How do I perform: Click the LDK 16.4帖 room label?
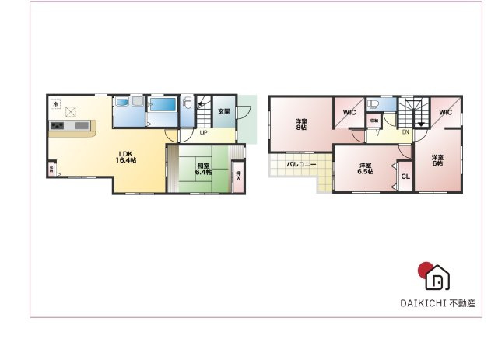coord(127,156)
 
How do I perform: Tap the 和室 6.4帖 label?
coord(204,169)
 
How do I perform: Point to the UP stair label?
coord(203,132)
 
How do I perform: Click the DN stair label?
coord(405,131)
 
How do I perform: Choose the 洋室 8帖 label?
coord(300,124)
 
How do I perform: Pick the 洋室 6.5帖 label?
coord(364,168)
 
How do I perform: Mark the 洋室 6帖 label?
coord(437,159)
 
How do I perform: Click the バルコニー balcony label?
coord(300,165)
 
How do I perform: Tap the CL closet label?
coord(405,177)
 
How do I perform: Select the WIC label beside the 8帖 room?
coord(349,113)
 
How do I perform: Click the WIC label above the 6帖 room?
coord(444,113)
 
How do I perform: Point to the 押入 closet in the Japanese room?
coord(238,176)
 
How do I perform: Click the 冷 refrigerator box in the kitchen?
coord(56,103)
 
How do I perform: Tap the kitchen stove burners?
coord(58,126)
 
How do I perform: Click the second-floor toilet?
coord(372,104)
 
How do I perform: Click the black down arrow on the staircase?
coord(421,121)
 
